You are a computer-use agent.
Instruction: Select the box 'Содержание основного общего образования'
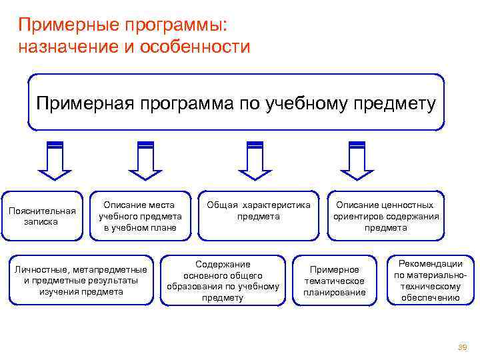pyautogui.click(x=223, y=280)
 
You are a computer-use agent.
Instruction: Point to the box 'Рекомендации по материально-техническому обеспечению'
pyautogui.click(x=430, y=281)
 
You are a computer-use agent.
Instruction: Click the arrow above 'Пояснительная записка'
pyautogui.click(x=54, y=160)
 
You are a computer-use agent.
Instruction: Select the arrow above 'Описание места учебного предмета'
pyautogui.click(x=145, y=160)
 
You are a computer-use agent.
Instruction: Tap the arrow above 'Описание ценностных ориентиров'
pyautogui.click(x=357, y=160)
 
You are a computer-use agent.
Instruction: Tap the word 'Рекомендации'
pyautogui.click(x=430, y=264)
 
